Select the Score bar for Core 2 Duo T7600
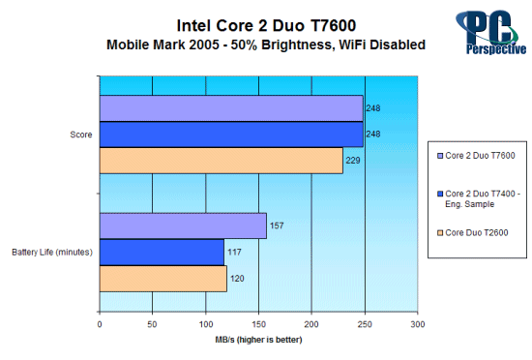point(231,107)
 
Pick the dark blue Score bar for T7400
point(231,134)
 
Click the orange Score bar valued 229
point(221,160)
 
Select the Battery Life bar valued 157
point(183,225)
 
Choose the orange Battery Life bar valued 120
point(163,279)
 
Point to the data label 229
point(353,160)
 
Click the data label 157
point(277,225)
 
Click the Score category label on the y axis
point(81,135)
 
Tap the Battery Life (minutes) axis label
point(52,253)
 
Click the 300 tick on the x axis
point(416,325)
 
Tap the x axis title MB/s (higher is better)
point(257,343)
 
